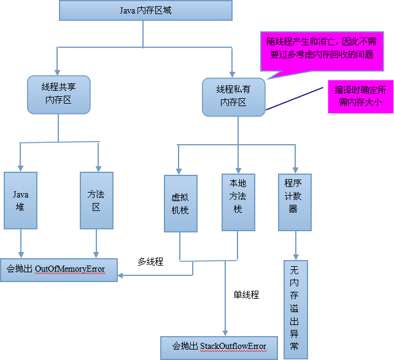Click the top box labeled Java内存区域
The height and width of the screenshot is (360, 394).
[x=145, y=10]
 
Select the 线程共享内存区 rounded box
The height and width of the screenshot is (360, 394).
[x=59, y=94]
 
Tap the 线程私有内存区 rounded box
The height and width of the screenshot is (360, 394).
[x=234, y=96]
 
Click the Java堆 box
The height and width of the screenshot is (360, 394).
[x=21, y=201]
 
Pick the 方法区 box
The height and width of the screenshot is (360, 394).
[x=96, y=201]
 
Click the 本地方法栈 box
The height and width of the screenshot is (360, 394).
[x=238, y=202]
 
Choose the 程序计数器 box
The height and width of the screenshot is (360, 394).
[x=295, y=202]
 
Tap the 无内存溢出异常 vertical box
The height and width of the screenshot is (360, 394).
[x=295, y=309]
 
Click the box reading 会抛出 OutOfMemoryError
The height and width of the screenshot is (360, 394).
[x=59, y=269]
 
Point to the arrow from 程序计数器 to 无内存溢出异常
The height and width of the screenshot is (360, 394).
[x=296, y=245]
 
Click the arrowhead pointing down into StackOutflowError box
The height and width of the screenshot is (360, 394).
[x=225, y=332]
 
